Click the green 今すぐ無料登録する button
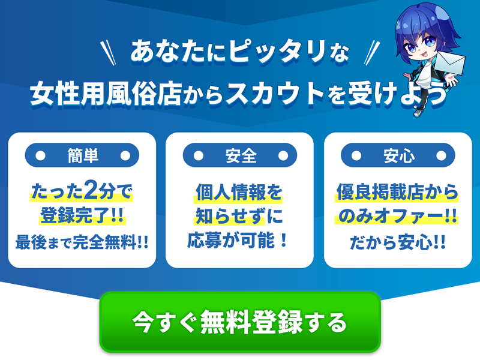tap(240, 322)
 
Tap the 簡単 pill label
tap(82, 156)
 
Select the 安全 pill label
tap(240, 156)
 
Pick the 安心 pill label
tap(398, 156)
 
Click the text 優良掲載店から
tap(397, 193)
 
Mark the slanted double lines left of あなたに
tap(110, 50)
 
